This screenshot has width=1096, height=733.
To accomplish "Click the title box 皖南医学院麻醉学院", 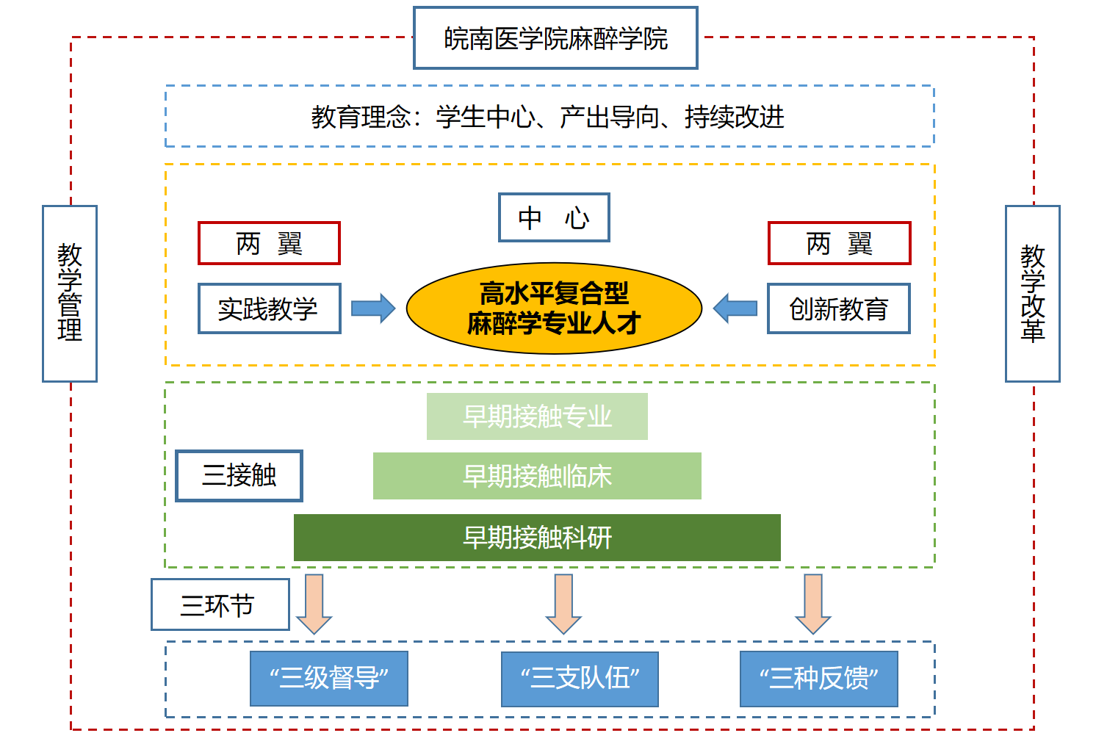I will [x=555, y=38].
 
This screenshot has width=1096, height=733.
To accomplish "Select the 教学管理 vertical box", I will [x=70, y=293].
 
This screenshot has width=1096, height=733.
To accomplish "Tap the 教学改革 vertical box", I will [x=1032, y=293].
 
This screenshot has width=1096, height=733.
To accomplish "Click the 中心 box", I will [x=554, y=217].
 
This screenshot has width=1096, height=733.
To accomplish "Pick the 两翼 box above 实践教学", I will [x=269, y=243].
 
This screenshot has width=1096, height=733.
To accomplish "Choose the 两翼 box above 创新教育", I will [x=839, y=243].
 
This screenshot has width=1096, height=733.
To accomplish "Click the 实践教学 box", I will [x=269, y=308].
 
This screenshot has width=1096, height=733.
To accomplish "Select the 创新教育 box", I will [x=838, y=308].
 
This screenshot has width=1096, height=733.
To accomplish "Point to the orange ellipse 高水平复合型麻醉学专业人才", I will [x=554, y=308].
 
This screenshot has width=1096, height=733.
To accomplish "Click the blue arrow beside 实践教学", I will [x=372, y=308].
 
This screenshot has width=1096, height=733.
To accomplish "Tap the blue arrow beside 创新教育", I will [x=735, y=308].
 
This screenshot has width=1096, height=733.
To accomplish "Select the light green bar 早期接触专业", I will [x=537, y=416].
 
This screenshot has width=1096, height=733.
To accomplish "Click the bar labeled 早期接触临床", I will [x=537, y=476].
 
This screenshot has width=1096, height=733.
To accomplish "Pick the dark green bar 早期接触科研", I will [x=537, y=538].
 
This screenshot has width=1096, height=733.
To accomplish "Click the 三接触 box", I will [x=239, y=476].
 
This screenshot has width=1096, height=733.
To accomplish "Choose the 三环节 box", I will [x=220, y=604].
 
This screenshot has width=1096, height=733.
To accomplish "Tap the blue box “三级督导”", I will [x=328, y=679].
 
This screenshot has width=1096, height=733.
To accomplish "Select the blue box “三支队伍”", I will [x=580, y=679].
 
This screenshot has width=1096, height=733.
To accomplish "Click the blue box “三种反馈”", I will [x=818, y=679].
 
